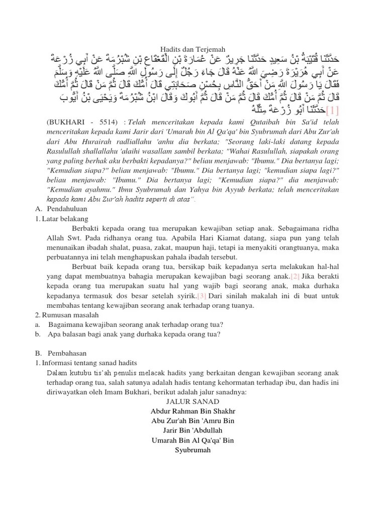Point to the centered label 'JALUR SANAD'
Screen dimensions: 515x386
click(193, 401)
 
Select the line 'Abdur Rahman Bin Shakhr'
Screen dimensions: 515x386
click(193, 411)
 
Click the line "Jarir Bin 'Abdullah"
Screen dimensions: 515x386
click(193, 430)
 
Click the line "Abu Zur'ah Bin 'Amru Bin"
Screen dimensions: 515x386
click(193, 420)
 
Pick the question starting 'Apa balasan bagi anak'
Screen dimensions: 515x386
click(134, 334)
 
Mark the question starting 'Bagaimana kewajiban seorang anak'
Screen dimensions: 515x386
click(136, 324)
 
